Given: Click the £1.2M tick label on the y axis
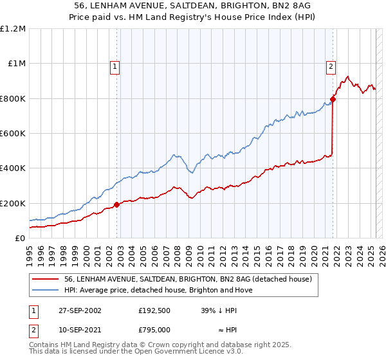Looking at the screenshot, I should (x=13, y=29).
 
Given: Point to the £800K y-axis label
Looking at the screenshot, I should (x=13, y=98).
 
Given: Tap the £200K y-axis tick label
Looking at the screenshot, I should (x=13, y=203).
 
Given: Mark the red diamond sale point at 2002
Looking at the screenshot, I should (x=117, y=204).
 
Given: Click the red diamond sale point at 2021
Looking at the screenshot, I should (x=333, y=99).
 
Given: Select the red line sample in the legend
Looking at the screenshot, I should (x=45, y=279).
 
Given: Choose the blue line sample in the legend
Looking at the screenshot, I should (x=45, y=290).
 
